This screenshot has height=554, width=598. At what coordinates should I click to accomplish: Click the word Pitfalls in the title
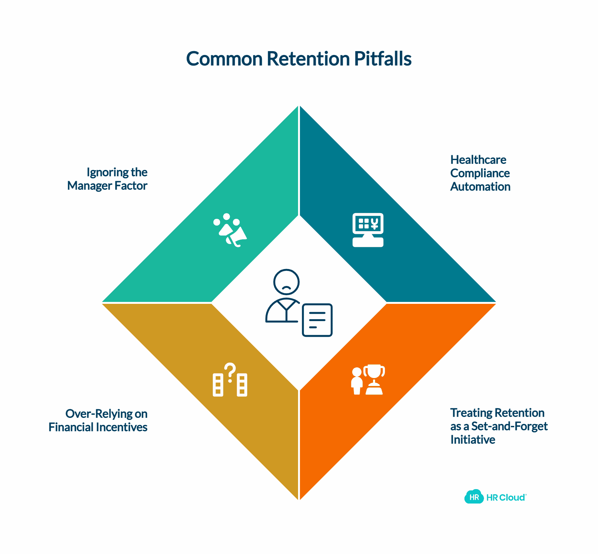point(383,59)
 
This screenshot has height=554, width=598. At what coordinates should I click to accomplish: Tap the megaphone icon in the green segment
point(236,236)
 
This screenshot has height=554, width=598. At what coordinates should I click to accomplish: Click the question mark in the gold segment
point(230,372)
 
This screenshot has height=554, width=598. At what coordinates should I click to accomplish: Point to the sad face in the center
point(287,282)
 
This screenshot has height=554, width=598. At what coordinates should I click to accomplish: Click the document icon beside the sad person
point(317,320)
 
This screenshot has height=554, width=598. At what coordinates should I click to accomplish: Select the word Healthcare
point(478,160)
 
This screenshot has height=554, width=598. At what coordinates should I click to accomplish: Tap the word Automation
point(480,187)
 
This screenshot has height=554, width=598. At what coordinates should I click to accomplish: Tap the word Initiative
point(473,440)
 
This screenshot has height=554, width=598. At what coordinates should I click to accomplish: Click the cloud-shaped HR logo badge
point(474,497)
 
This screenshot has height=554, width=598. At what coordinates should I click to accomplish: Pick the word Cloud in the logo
point(512,497)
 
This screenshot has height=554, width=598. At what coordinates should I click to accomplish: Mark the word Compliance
point(480,173)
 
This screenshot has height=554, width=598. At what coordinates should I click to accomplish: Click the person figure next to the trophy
point(356,381)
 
